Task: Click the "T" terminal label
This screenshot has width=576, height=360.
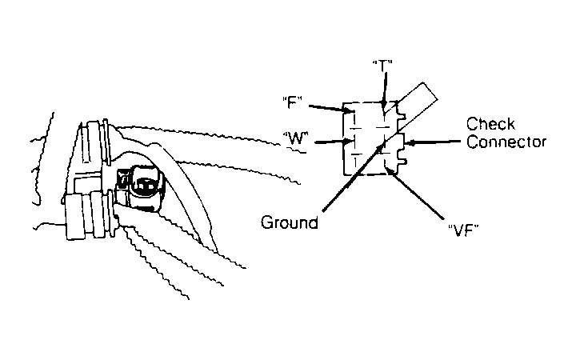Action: coord(382,66)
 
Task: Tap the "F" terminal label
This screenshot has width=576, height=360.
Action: coord(293,102)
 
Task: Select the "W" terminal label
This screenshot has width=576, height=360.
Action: coord(295,138)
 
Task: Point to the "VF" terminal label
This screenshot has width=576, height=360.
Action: coord(463,230)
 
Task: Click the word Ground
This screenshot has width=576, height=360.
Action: coord(290,222)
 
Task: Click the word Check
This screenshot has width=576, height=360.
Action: coord(490,124)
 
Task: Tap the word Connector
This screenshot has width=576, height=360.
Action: coord(506,142)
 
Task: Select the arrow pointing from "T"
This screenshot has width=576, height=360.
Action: coord(385,90)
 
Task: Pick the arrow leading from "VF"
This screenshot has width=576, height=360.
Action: coord(415,192)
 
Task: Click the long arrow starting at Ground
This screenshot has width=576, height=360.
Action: coord(353,178)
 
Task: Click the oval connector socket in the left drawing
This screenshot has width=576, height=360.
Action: coord(145,186)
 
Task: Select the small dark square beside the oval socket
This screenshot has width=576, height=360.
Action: coord(123,178)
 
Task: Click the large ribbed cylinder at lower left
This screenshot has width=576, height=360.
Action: coord(88,215)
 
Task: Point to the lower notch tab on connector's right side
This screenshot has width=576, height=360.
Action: coord(401,161)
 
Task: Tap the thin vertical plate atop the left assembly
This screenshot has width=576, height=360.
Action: coord(106,142)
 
